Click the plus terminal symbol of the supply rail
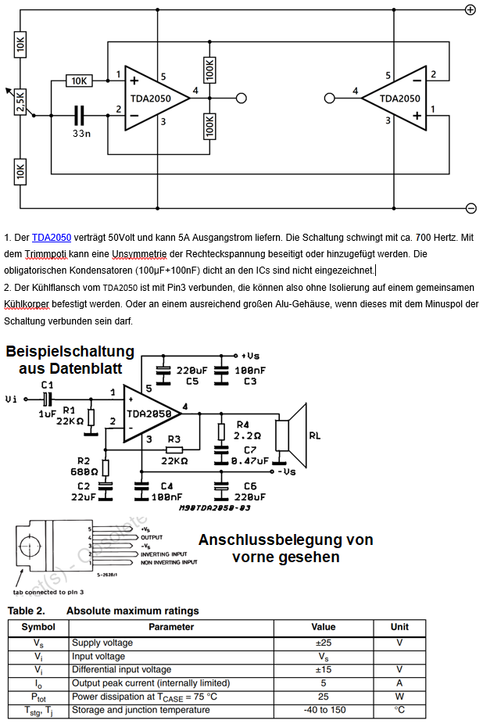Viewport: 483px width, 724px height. pos(470,9)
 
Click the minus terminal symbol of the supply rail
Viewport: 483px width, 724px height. pos(470,207)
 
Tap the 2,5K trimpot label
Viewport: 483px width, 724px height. pos(21,102)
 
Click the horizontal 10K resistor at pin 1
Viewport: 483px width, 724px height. pos(79,81)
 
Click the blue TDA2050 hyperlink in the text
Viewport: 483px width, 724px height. pos(52,237)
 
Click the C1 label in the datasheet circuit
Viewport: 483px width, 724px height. pos(47,385)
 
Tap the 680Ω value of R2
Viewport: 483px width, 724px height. pos(85,471)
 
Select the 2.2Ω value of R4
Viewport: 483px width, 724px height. pos(248,436)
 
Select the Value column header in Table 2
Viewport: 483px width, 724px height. pos(323,626)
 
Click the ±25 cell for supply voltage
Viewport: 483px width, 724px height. pos(323,643)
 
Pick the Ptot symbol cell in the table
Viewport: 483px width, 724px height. pos(38,696)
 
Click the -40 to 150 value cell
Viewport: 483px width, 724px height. pos(323,710)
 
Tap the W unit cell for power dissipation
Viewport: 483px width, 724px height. pos(399,696)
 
